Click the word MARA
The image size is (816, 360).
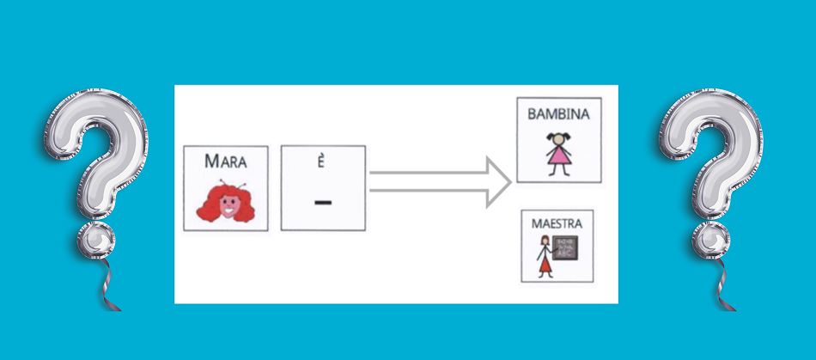tap(226, 161)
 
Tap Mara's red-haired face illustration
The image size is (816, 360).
tap(226, 200)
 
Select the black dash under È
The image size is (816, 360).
tap(323, 203)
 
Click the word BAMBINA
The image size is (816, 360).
tap(559, 113)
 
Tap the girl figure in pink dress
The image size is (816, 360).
tap(559, 152)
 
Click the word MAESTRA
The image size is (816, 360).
tap(557, 223)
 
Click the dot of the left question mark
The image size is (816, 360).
tap(95, 240)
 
